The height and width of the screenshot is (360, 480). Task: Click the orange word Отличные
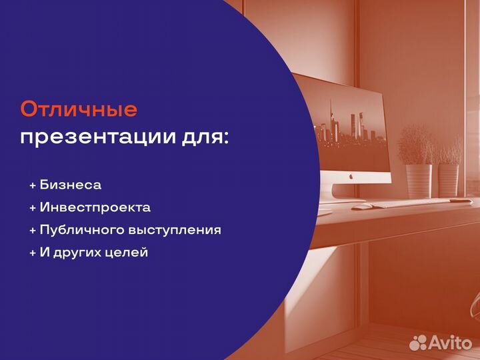pos(79,109)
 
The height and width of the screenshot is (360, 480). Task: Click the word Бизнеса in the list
pos(71,185)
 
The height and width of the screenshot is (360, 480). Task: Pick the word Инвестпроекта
pos(95,207)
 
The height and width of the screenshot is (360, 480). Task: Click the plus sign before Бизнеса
pos(33,185)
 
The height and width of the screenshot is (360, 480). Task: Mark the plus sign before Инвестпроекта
pos(33,208)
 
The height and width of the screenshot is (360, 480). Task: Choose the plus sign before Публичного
pos(33,231)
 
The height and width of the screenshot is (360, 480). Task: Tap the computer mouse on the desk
pos(360,207)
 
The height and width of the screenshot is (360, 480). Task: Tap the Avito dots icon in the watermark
pos(418,342)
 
